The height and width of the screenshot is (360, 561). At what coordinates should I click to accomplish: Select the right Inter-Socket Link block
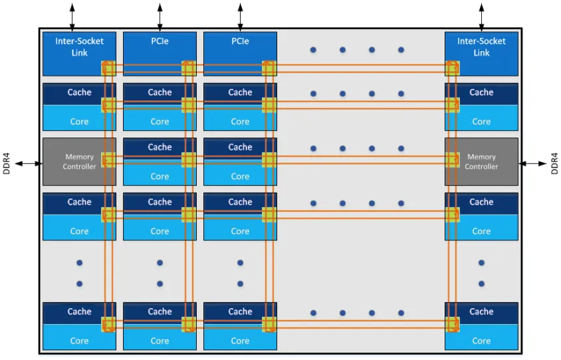[481, 46]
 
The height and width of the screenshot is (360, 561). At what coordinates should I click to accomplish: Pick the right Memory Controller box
[481, 161]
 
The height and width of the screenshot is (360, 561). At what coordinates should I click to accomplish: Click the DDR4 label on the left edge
[7, 163]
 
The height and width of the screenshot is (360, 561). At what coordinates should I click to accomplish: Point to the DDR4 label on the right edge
[554, 163]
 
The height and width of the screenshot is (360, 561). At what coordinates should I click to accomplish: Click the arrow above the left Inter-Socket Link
[72, 15]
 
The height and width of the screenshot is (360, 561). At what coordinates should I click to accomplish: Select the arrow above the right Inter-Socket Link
[481, 15]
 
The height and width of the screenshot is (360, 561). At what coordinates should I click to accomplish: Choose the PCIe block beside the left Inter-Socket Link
[160, 46]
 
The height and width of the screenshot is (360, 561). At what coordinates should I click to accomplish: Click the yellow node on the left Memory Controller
[108, 159]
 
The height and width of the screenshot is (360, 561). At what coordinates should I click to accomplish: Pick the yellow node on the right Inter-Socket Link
[452, 68]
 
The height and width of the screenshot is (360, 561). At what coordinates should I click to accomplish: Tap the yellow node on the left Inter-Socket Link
[108, 68]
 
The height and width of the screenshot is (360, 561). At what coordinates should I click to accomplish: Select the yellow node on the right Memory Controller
[452, 159]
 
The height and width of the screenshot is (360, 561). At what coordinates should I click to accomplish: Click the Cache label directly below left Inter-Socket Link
[79, 92]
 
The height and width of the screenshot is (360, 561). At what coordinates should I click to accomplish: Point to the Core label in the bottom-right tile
[481, 341]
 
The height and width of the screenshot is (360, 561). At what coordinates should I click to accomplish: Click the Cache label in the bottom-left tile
[79, 312]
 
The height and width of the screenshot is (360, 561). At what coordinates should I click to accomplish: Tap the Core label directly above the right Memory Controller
[481, 122]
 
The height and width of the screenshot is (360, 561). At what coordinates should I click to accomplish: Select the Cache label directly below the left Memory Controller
[79, 202]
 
